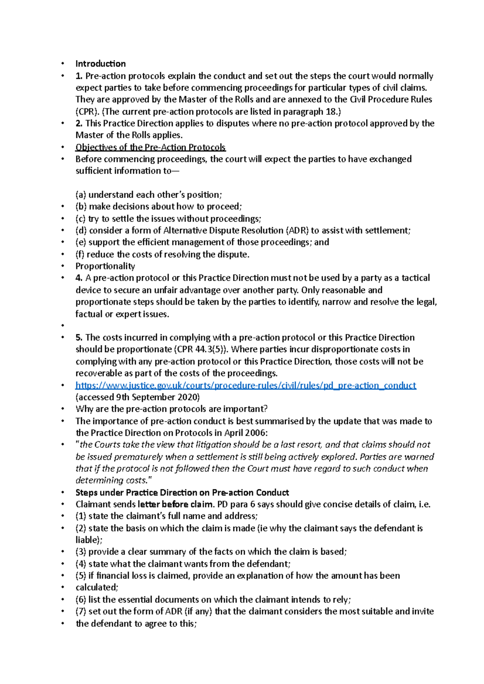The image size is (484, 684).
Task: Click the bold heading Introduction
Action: pyautogui.click(x=100, y=64)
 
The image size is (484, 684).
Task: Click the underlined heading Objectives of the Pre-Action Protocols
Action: pyautogui.click(x=150, y=147)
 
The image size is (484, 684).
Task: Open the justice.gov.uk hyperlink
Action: pyautogui.click(x=246, y=386)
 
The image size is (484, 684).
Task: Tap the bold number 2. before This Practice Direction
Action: pyautogui.click(x=79, y=123)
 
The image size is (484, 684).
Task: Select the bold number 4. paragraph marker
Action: pyautogui.click(x=79, y=278)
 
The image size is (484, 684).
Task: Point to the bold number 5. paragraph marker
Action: pyautogui.click(x=79, y=338)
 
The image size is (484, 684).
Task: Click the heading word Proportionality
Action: pyautogui.click(x=105, y=266)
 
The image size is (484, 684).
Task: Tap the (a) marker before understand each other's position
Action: pyautogui.click(x=81, y=195)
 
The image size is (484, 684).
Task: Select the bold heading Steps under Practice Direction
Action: pyautogui.click(x=182, y=493)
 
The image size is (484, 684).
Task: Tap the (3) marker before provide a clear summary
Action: pyautogui.click(x=81, y=552)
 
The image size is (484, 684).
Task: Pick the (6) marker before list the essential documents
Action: pyautogui.click(x=81, y=600)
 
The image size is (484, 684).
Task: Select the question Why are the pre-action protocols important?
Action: pyautogui.click(x=171, y=409)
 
